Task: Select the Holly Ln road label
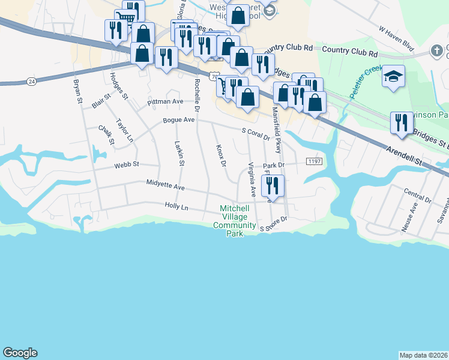[176, 206]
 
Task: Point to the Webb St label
[127, 164]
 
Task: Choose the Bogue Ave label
[179, 120]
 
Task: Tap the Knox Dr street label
[220, 155]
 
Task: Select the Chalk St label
[106, 134]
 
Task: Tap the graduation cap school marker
[393, 76]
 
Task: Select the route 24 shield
[31, 80]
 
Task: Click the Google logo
[20, 353]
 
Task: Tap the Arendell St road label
[406, 157]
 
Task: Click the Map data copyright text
[423, 355]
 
